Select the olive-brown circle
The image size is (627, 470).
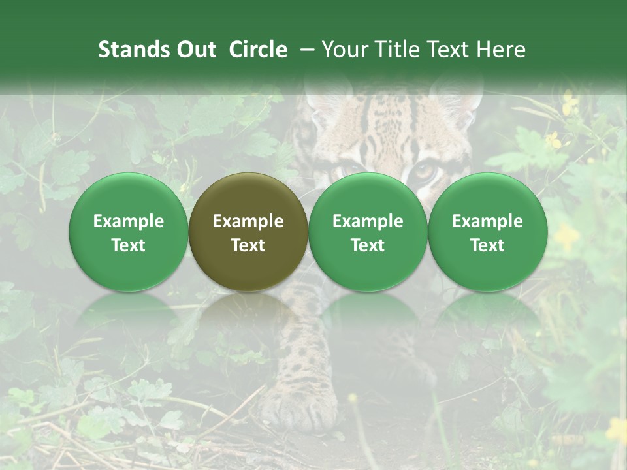[248, 232]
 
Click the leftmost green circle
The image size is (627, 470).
[129, 232]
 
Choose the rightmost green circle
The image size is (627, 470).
[487, 232]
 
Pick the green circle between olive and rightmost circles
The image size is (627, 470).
[368, 232]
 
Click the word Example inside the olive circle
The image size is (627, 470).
[248, 221]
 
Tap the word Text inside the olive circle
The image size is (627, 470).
[248, 245]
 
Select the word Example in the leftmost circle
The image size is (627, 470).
[129, 221]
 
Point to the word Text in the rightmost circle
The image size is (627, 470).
[487, 245]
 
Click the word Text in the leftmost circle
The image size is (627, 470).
[129, 245]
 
